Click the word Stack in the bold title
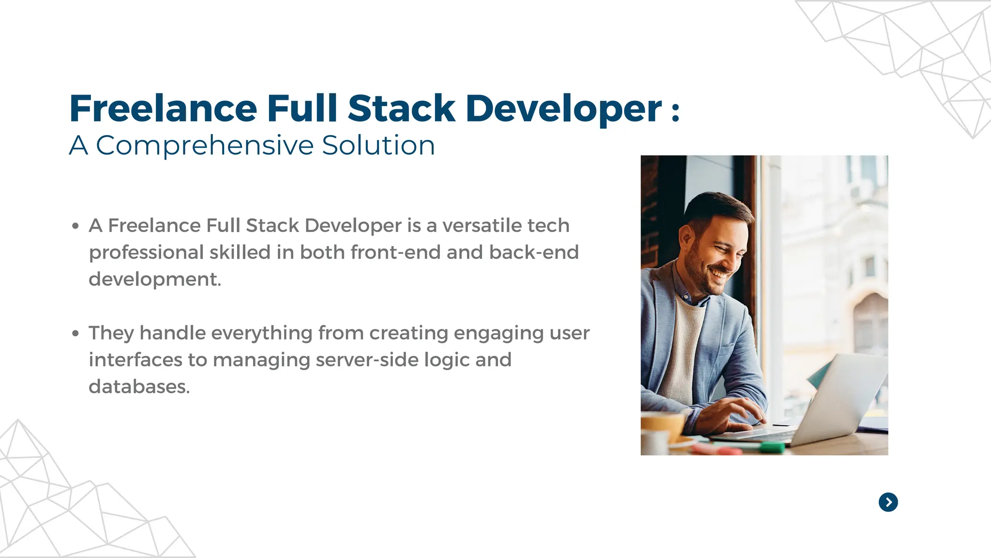click(x=401, y=108)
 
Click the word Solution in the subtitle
click(x=378, y=145)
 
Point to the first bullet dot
click(x=75, y=226)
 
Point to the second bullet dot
click(x=75, y=333)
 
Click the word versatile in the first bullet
click(x=481, y=226)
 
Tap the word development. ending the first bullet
click(x=155, y=279)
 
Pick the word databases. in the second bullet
click(x=139, y=387)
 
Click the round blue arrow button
click(x=888, y=502)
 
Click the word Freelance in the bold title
click(x=163, y=108)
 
